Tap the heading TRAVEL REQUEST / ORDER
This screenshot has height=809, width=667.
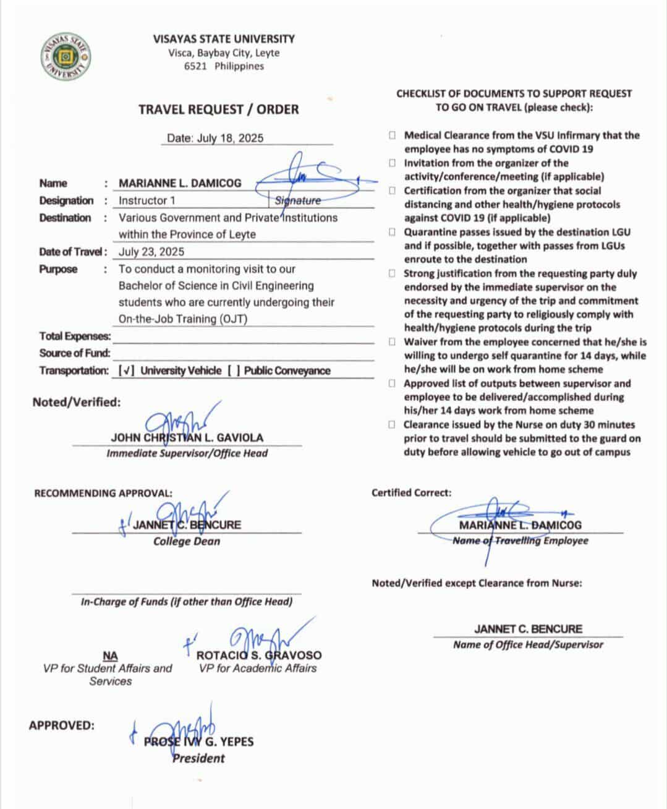pos(218,109)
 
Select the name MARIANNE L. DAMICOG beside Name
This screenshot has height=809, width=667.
pos(180,183)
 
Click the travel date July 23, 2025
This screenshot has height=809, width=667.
pos(151,252)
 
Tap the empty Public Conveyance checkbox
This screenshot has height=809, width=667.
pos(233,371)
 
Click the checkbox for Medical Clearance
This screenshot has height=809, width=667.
pos(393,135)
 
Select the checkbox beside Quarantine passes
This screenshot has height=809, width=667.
pos(393,233)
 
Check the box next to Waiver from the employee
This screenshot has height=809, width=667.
pos(393,342)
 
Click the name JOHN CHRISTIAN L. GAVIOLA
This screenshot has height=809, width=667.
pos(187,437)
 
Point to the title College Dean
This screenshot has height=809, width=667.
pos(187,541)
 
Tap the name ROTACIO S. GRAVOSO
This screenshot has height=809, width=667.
pos(259,655)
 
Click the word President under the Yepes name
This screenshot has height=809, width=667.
pos(198,758)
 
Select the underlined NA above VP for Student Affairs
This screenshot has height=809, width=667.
pos(110,656)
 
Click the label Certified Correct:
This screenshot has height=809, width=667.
pos(411,493)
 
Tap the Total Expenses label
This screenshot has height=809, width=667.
pos(75,336)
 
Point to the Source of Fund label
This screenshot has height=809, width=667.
pos(75,353)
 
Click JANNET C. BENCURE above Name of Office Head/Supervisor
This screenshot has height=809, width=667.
pos(528,629)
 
